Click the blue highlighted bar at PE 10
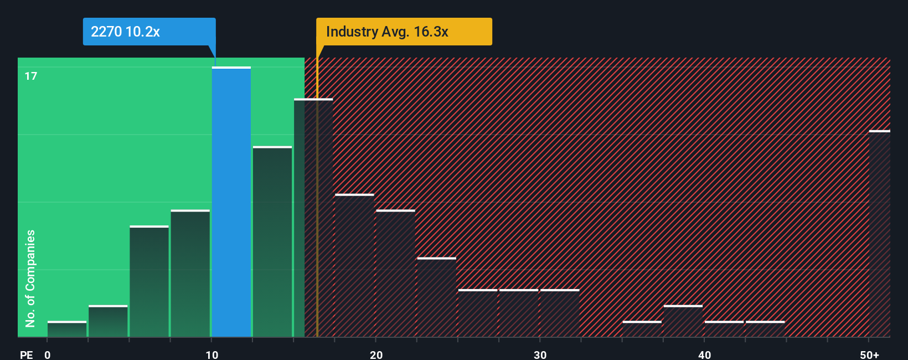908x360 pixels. (231, 202)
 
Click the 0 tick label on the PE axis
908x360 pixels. (48, 354)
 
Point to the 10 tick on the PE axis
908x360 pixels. (211, 354)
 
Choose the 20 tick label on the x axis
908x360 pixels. (376, 354)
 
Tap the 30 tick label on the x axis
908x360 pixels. (540, 354)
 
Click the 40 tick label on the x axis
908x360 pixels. (704, 354)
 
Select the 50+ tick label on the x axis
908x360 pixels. (869, 354)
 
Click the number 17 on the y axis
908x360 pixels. (31, 76)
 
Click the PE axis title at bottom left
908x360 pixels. (26, 354)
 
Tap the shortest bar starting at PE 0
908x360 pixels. (67, 329)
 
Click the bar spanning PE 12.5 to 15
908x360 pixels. (272, 241)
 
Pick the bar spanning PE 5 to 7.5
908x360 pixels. (149, 281)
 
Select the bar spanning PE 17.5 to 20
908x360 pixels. (354, 265)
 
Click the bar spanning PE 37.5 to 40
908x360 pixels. (683, 321)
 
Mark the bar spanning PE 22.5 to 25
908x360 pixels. (436, 297)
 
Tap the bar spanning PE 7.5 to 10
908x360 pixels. (190, 274)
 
